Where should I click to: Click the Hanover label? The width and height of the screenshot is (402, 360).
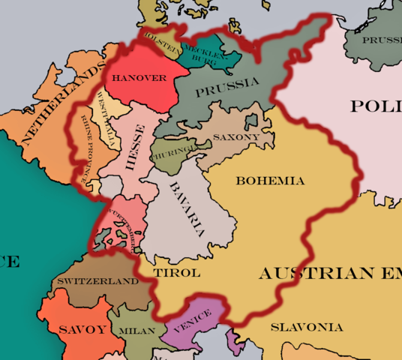(x=139, y=77)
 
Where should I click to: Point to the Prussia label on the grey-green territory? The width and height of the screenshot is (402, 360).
(x=227, y=87)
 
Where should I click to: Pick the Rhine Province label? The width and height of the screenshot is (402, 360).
(x=90, y=147)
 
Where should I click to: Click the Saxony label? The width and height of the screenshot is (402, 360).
(x=236, y=137)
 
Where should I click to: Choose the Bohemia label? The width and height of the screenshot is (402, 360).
(x=270, y=181)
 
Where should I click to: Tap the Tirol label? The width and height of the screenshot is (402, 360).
(x=176, y=272)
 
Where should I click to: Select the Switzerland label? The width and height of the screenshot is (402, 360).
(x=98, y=281)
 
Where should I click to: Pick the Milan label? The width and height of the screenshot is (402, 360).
(x=136, y=330)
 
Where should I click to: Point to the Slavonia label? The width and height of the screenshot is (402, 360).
(x=307, y=327)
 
